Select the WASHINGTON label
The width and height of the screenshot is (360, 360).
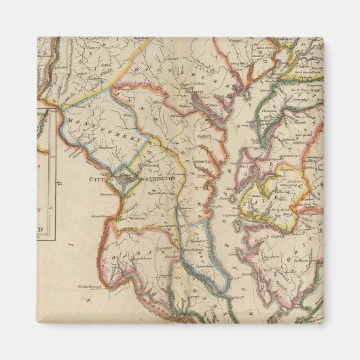tap(157, 179)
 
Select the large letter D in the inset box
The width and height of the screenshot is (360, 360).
tap(47, 230)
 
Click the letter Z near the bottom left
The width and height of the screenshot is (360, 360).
tap(86, 299)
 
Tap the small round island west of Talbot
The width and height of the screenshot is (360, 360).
tap(233, 198)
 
